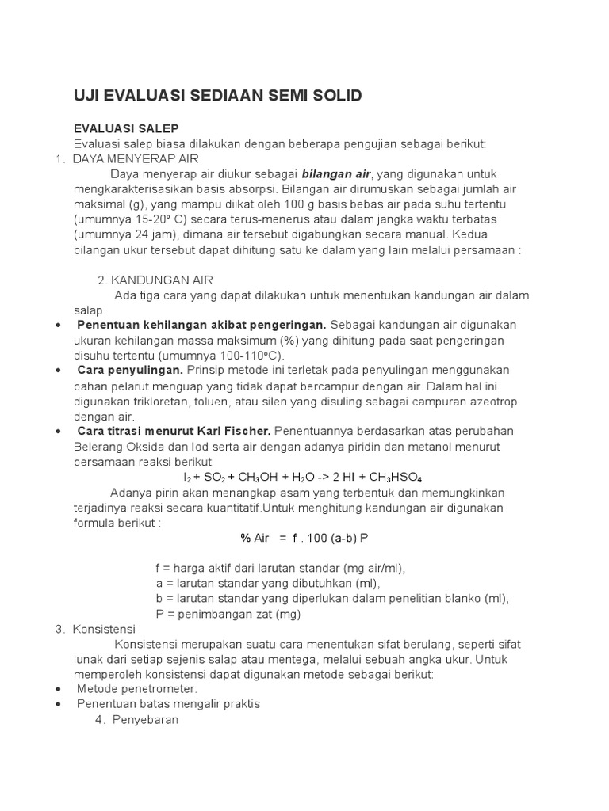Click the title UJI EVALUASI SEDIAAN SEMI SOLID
[x=217, y=96]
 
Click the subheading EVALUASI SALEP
[x=126, y=128]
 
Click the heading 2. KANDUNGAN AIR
[x=155, y=280]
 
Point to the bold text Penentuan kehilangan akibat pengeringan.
[x=201, y=325]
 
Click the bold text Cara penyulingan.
[x=130, y=370]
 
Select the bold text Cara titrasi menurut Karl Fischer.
[x=174, y=431]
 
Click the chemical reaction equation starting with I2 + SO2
[x=302, y=478]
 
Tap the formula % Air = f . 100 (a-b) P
[x=304, y=538]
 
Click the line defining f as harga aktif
[x=281, y=568]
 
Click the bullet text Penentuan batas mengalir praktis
[x=168, y=703]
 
